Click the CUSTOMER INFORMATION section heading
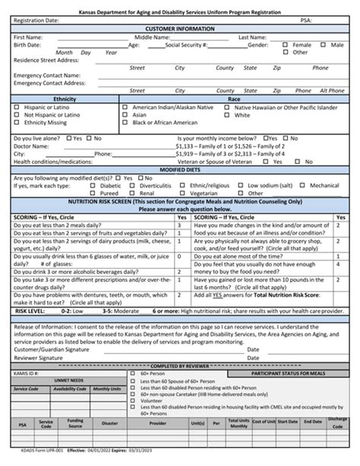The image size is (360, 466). point(179,28)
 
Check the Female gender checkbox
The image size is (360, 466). point(286,45)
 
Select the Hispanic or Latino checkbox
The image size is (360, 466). point(18,108)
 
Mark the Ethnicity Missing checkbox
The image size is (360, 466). point(18,121)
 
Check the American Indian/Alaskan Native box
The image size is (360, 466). point(125,108)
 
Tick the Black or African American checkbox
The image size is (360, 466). point(125,121)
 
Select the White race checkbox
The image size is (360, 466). point(227,115)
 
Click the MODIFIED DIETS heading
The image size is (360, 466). point(179,169)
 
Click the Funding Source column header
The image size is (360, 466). point(74,422)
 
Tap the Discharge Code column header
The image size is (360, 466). point(339,422)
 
